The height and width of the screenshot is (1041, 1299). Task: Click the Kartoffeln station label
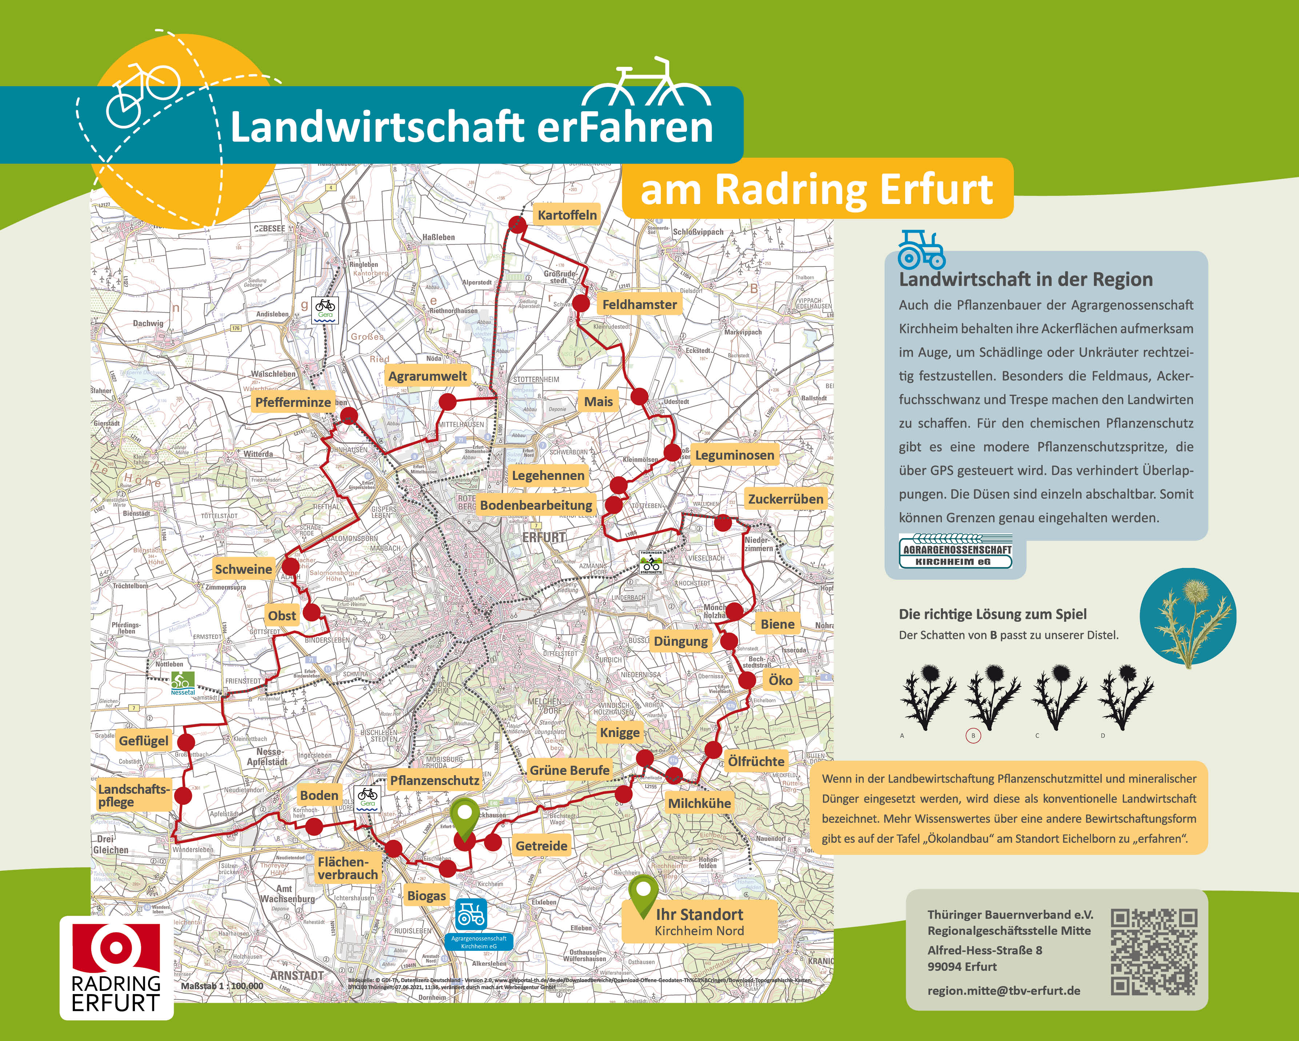coord(567,215)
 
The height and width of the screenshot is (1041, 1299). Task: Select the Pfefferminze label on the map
coord(293,402)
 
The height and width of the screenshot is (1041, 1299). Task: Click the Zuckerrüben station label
coord(785,499)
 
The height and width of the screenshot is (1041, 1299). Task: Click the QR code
coord(1154,952)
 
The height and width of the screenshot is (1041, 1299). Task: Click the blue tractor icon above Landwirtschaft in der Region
coord(921,249)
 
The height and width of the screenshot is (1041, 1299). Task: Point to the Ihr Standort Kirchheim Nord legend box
coord(699,921)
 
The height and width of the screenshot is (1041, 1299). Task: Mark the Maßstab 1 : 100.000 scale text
coord(222,986)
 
